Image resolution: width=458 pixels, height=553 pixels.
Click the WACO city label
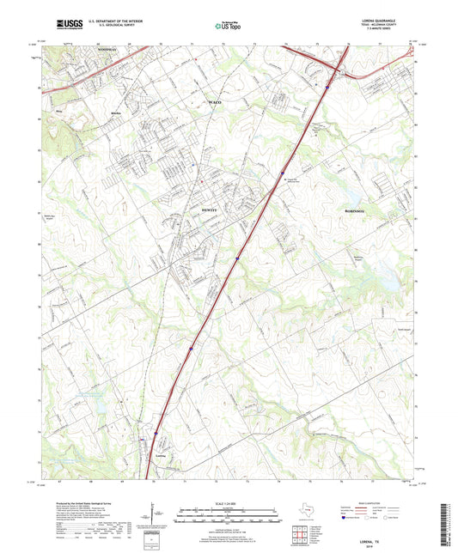pos(215,102)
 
